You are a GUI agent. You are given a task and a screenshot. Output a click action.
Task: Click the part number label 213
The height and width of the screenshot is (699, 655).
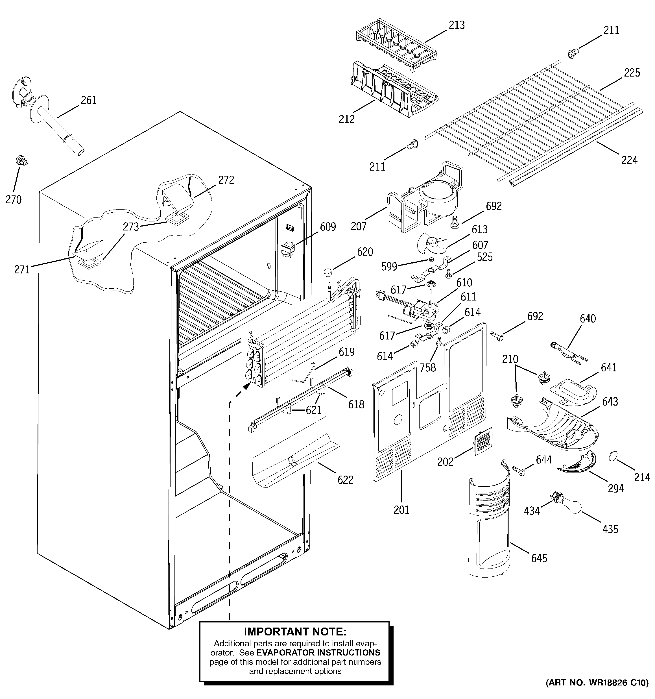coord(456,25)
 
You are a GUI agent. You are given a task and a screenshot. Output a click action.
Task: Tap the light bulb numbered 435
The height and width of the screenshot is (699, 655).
coord(571,506)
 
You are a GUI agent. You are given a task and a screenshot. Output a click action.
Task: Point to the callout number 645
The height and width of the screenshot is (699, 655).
coord(539,558)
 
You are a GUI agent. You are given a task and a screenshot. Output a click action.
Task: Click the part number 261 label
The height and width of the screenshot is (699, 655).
coord(89,101)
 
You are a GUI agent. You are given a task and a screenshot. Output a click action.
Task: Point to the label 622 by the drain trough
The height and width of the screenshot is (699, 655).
coord(345,480)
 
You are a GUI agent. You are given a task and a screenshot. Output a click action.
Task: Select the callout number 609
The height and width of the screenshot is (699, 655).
coord(328,227)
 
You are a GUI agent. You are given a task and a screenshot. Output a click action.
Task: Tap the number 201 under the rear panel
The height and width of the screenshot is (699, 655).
coord(401,510)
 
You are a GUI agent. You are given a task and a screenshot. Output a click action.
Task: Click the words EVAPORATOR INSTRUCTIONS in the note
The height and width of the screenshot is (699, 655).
coord(318,653)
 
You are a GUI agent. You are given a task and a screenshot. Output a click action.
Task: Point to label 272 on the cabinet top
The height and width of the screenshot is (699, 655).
coord(226,180)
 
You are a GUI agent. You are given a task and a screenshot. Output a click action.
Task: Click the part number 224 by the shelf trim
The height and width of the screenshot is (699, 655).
coord(629,160)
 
